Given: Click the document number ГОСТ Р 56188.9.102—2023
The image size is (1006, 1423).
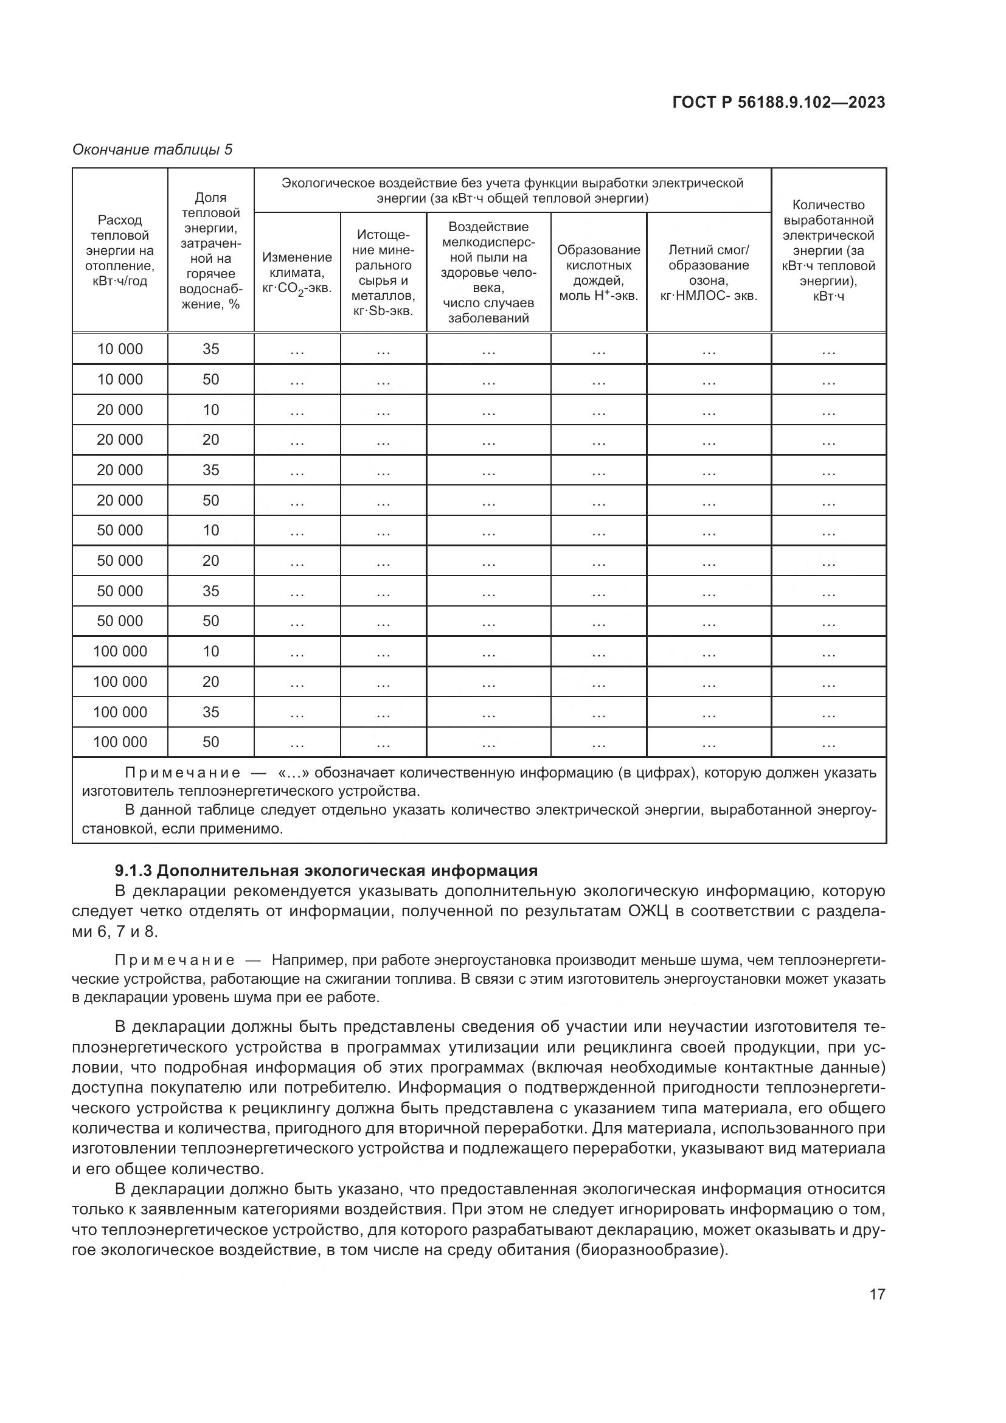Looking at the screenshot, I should [x=779, y=102].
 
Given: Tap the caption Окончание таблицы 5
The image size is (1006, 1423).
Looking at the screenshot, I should [x=153, y=150].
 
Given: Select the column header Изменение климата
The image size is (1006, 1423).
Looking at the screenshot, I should [x=297, y=273].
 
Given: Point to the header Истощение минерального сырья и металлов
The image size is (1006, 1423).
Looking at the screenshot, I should [x=383, y=273].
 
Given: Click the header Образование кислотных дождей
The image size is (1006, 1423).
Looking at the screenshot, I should [x=598, y=273].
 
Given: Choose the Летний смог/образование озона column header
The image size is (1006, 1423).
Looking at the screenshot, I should [x=709, y=273].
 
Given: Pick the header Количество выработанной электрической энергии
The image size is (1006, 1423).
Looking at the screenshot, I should [x=828, y=251].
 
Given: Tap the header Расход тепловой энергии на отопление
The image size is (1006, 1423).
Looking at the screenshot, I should [x=120, y=251].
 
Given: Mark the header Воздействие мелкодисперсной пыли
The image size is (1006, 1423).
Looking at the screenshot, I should [x=488, y=273].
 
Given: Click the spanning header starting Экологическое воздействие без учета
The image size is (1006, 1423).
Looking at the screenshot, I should [x=512, y=190].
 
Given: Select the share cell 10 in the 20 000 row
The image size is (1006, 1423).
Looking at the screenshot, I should [x=210, y=409].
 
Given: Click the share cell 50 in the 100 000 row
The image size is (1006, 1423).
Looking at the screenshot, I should [x=210, y=742].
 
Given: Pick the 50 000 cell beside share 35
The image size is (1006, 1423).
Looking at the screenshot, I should [x=120, y=591].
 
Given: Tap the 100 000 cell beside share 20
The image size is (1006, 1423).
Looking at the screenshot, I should [x=120, y=682].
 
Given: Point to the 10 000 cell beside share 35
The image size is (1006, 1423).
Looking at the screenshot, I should [x=120, y=349].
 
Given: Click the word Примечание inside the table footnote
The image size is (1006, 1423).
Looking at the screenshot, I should [x=182, y=773].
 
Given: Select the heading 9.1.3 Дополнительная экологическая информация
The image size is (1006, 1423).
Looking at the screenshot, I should [x=326, y=871].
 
